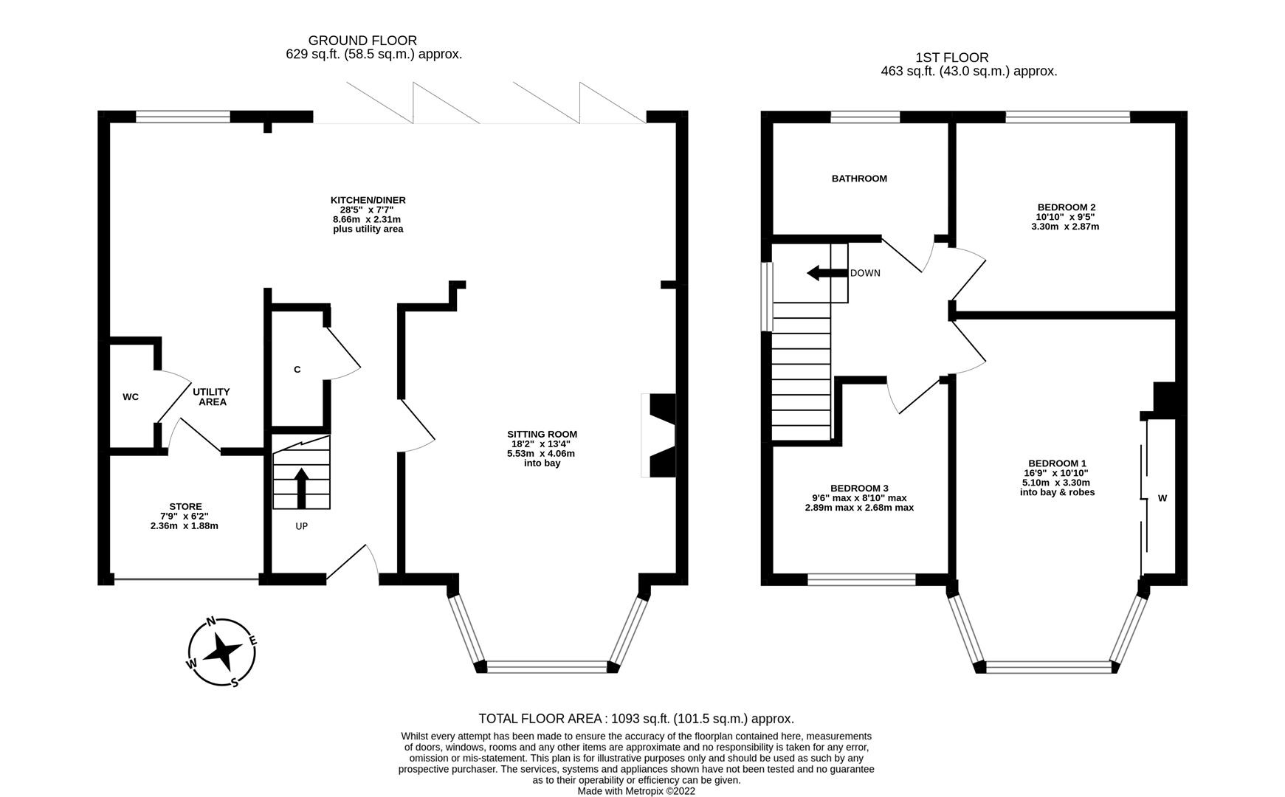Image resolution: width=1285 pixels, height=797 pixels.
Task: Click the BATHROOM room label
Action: click(859, 179)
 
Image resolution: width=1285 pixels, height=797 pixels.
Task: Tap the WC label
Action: click(131, 397)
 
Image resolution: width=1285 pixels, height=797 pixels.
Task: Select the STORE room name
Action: click(185, 507)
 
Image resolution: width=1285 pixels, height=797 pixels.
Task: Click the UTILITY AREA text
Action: click(211, 397)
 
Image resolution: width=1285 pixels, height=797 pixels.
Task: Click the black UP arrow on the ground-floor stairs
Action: click(301, 488)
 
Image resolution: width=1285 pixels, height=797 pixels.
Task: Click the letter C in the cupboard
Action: click(297, 370)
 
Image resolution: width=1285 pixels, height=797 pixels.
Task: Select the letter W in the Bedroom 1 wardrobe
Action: click(1162, 498)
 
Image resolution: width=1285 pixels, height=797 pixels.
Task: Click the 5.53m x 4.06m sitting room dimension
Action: click(541, 453)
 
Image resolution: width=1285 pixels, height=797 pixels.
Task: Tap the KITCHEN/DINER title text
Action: click(368, 200)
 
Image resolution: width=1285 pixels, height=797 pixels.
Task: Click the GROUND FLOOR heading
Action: click(362, 41)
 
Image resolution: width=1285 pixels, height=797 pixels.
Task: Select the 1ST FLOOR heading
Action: click(951, 58)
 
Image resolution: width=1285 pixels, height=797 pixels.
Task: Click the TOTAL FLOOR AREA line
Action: click(636, 718)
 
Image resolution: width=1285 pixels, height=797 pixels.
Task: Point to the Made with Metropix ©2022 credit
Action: click(636, 791)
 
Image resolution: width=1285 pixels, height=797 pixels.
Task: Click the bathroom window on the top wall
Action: click(865, 117)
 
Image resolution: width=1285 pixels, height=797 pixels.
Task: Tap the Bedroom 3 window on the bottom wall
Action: click(861, 580)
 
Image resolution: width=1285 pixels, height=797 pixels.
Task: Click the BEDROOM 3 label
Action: click(859, 489)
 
